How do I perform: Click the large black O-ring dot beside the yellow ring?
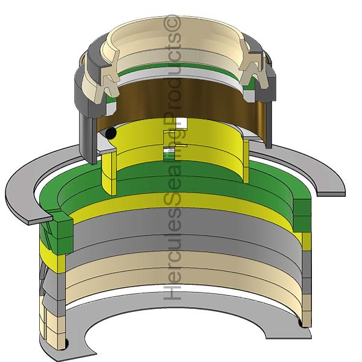(110, 133)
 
